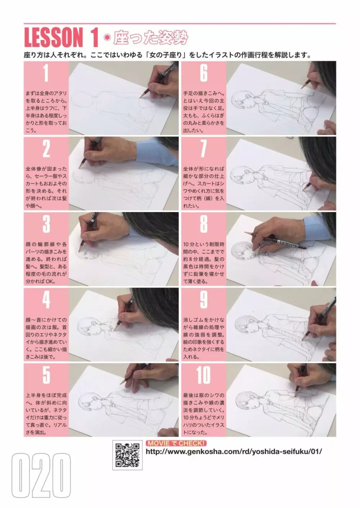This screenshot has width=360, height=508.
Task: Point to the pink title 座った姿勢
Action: [150, 38]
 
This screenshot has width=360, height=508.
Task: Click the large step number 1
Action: [46, 73]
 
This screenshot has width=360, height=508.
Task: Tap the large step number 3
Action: [46, 224]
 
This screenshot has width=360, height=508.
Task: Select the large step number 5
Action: [46, 375]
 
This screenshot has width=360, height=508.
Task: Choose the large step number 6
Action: [204, 73]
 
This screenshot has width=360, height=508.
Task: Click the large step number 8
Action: [204, 224]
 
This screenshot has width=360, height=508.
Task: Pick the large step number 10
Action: [203, 375]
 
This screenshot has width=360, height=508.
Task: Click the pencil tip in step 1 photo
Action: [140, 97]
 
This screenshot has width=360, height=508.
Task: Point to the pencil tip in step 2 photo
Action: [79, 168]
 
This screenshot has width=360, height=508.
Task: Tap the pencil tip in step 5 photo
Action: [121, 384]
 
